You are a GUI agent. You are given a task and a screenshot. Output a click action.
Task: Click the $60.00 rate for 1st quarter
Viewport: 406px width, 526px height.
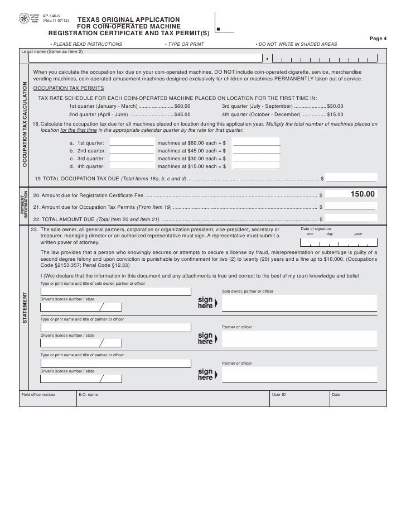(x=182, y=106)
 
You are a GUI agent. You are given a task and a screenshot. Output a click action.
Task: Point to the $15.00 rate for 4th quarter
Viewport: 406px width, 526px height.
(x=335, y=114)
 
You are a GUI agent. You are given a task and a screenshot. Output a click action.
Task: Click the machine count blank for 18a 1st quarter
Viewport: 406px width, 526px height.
(x=132, y=144)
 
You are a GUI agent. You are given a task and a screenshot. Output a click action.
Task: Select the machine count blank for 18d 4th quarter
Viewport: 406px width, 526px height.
(x=132, y=166)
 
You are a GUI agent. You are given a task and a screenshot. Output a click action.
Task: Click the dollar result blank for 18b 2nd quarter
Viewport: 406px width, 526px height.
(x=257, y=151)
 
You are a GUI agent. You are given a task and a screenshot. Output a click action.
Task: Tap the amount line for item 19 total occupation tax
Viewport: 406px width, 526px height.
(x=351, y=179)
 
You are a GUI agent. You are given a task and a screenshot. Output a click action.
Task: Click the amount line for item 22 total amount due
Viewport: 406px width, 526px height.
(x=351, y=219)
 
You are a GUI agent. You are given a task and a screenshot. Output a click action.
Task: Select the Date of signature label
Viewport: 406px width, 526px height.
(x=331, y=229)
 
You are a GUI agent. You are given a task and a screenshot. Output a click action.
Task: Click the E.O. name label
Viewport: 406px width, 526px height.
(x=88, y=394)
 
